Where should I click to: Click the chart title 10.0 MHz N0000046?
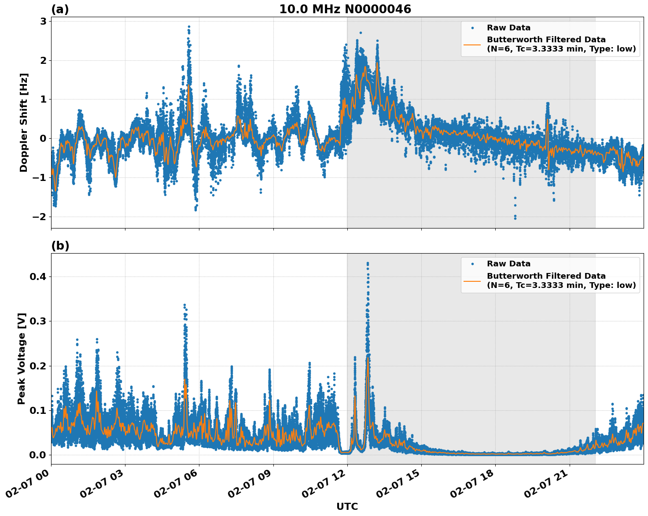345,9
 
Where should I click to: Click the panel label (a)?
60,9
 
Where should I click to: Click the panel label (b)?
60,246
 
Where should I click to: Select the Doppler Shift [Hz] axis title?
24,122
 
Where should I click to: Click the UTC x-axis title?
347,506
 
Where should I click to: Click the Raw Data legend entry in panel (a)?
508,28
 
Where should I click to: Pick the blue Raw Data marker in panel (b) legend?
472,264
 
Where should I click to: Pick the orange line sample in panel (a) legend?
472,44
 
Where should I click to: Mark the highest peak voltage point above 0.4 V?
368,263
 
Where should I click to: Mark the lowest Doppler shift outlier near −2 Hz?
515,218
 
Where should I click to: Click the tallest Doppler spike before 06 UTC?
189,27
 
